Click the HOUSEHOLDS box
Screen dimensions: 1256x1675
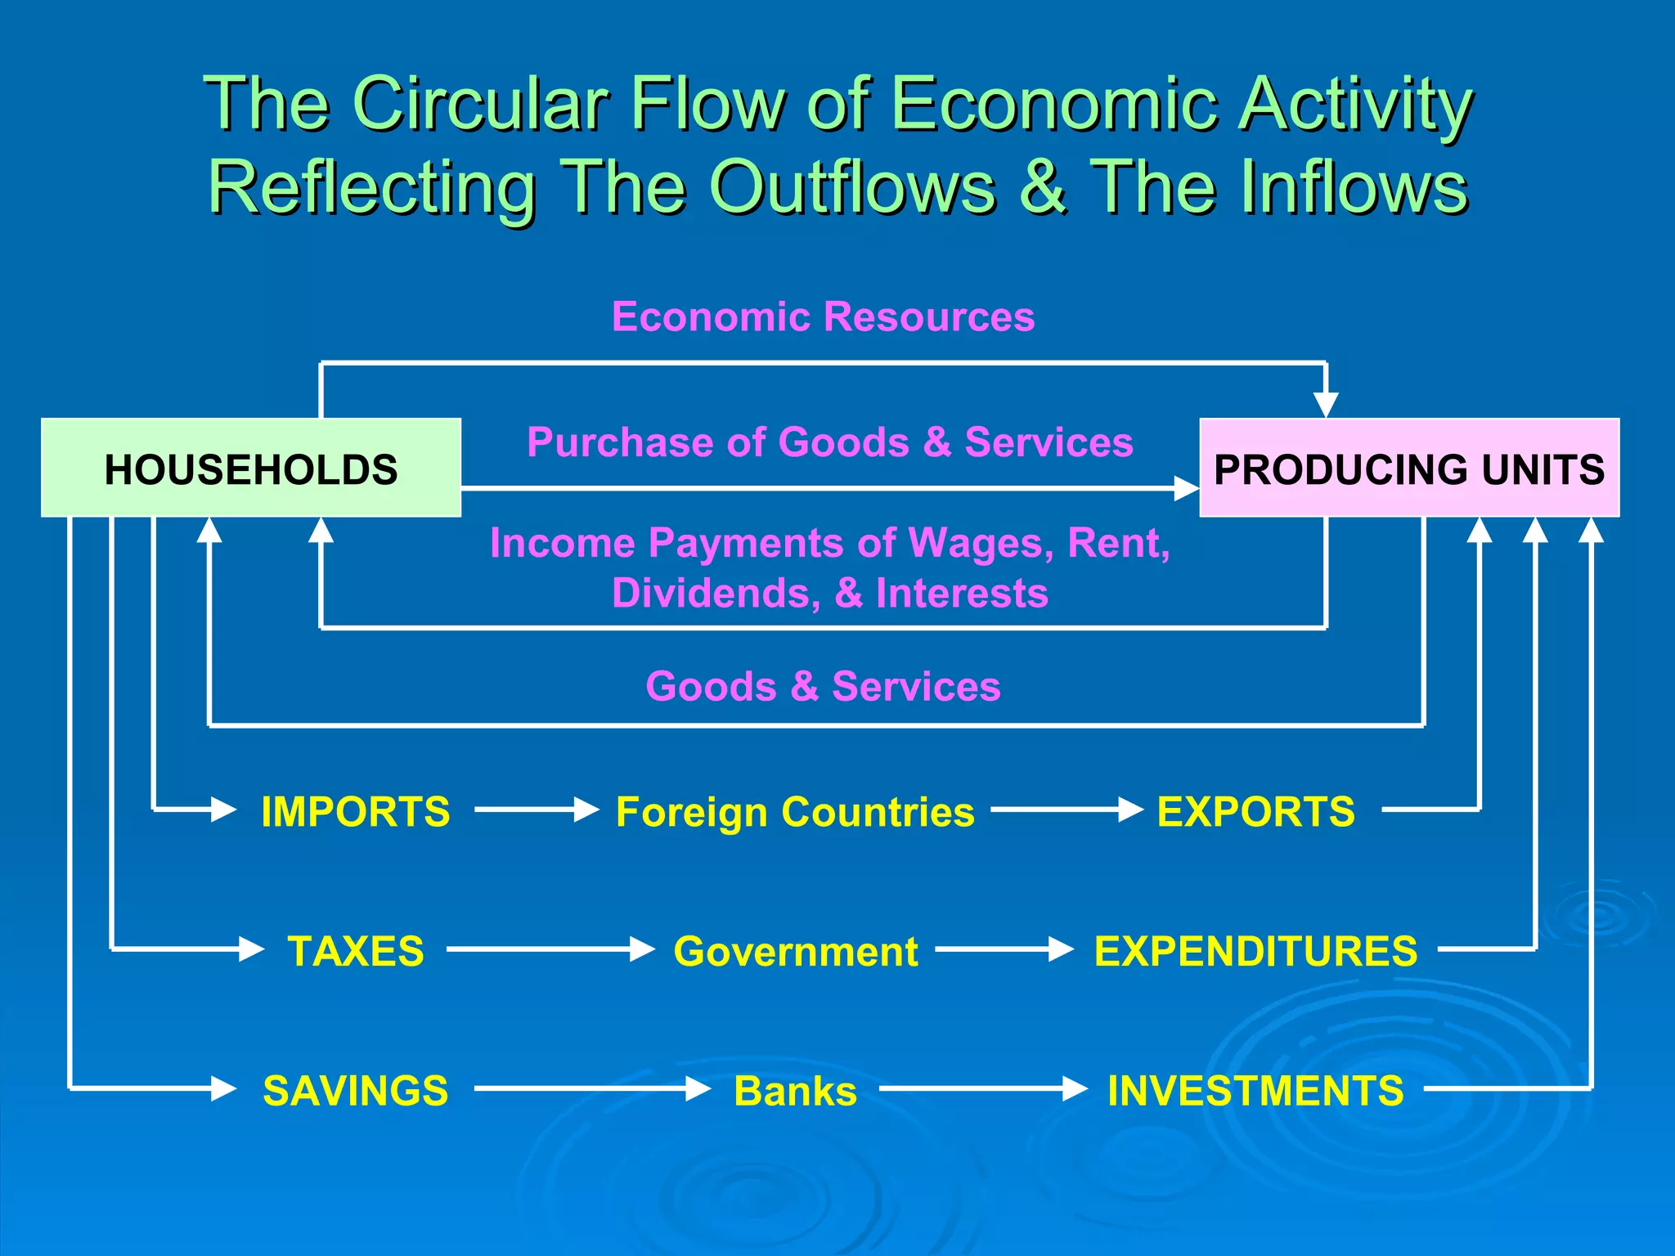[x=251, y=468]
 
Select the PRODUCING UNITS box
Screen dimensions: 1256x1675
[x=1408, y=468]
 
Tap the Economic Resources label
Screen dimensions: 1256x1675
[x=823, y=316]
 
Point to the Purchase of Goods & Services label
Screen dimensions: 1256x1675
[x=829, y=442]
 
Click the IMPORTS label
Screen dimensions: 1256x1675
[x=355, y=812]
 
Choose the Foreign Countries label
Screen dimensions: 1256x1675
[x=795, y=812]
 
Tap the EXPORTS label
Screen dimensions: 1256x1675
[x=1255, y=812]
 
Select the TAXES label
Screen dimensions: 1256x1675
[x=356, y=951]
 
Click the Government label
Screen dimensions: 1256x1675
[x=795, y=951]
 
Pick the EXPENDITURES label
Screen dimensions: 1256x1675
[x=1255, y=951]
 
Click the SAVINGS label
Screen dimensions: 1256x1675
[x=356, y=1091]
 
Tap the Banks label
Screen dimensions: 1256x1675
[x=795, y=1091]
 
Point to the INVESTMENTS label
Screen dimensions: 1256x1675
[x=1255, y=1091]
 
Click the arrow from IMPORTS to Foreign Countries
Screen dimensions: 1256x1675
[x=537, y=810]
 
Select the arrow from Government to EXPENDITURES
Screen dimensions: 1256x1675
[x=1004, y=949]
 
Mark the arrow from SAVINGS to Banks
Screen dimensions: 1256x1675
[x=592, y=1089]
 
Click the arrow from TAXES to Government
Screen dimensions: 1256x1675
[x=550, y=949]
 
